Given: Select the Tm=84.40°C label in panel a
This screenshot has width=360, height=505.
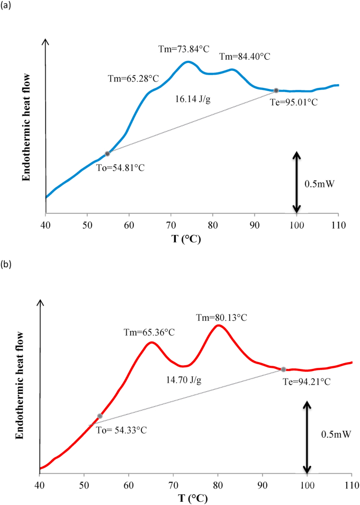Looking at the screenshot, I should click(245, 57).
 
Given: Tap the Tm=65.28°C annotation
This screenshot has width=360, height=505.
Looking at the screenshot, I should click(133, 78).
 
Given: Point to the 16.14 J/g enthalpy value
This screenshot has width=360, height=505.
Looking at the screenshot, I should click(193, 99).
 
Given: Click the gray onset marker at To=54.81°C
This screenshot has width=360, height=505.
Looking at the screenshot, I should click(107, 154).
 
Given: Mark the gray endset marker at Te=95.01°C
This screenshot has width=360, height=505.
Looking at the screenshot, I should click(276, 91).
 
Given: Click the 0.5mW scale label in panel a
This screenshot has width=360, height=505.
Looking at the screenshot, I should click(320, 184).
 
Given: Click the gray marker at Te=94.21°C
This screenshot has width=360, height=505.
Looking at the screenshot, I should click(283, 369).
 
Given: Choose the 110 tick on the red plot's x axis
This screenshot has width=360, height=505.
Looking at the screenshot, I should click(352, 484).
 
